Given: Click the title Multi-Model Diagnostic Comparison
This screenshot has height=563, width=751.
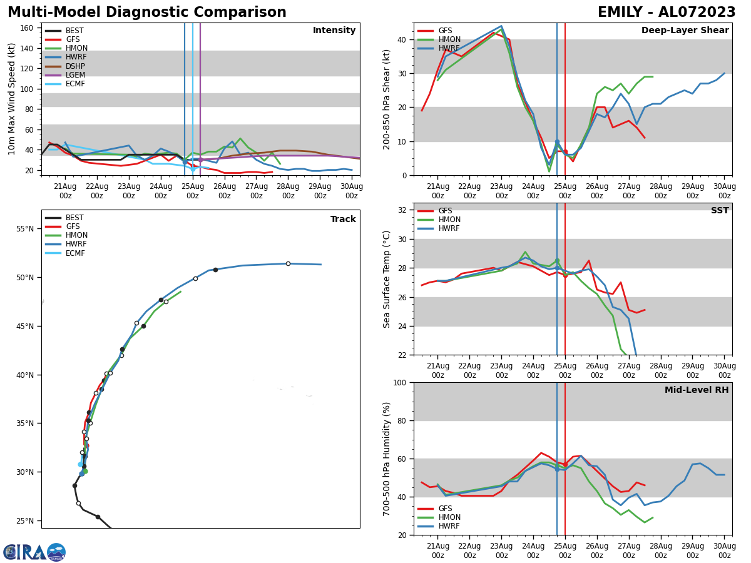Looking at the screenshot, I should click(x=147, y=13).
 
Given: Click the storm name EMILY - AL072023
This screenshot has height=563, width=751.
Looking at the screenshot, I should click(x=667, y=13).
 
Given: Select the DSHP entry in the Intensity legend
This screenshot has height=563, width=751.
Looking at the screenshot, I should click(x=75, y=66).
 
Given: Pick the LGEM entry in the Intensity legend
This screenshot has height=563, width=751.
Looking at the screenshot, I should click(x=75, y=75).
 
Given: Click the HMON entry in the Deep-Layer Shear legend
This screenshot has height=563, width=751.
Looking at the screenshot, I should click(x=449, y=39).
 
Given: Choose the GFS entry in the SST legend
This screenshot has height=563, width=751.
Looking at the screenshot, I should click(x=445, y=211).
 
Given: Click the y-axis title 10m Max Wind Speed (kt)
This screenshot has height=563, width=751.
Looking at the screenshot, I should click(x=12, y=99).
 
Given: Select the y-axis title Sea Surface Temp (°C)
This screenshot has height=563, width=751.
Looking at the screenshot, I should click(x=387, y=279).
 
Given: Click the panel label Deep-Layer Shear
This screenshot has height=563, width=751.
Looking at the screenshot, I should click(x=685, y=31).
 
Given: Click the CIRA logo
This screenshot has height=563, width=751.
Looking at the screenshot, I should click(x=34, y=552).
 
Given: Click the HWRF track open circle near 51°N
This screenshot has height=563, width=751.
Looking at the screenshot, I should click(x=288, y=263).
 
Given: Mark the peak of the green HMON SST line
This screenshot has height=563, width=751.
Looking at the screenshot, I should click(x=525, y=251).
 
